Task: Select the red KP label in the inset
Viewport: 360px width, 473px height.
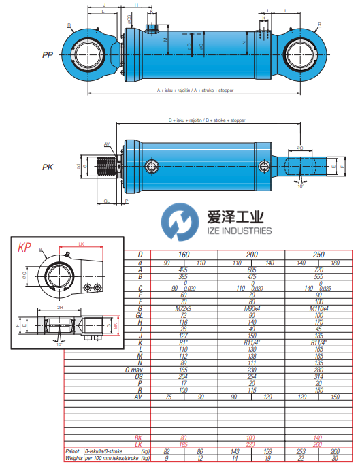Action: tap(25, 248)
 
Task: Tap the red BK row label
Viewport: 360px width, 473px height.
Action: tap(138, 438)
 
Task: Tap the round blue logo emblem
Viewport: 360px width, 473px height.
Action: tap(178, 223)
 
